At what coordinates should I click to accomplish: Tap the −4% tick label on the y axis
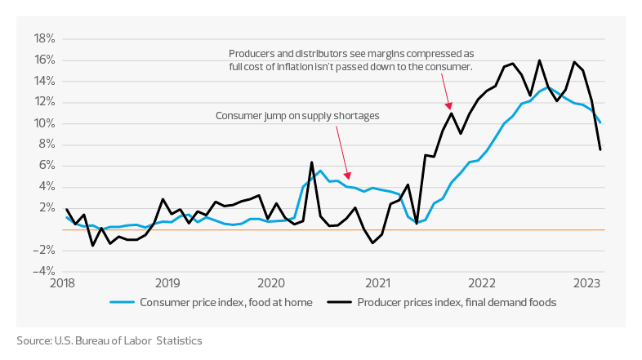coord(43,271)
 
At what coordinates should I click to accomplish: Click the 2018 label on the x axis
coord(63,284)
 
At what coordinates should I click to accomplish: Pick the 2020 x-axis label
coord(272,284)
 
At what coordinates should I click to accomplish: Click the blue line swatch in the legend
coord(123,302)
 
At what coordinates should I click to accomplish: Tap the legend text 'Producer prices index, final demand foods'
coord(457,302)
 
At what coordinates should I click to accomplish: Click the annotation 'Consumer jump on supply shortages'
coord(297,116)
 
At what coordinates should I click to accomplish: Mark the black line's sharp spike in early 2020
coord(311,162)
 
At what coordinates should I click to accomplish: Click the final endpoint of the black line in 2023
coord(600,149)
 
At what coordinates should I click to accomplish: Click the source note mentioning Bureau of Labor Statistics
coord(109,340)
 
